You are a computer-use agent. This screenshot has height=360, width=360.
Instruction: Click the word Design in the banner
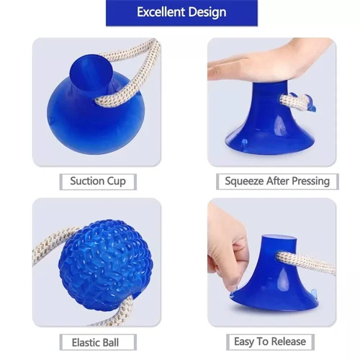point(209,12)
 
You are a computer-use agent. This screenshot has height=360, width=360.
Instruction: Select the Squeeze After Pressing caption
point(276,181)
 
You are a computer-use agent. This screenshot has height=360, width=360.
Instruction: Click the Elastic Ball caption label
point(95,341)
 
